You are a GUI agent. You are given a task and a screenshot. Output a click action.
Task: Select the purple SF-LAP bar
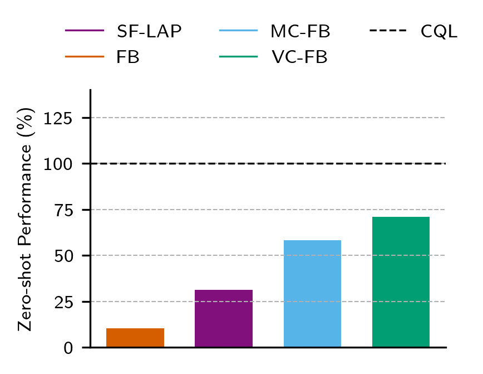point(224,318)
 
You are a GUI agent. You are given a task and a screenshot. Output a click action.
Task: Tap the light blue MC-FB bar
point(312,294)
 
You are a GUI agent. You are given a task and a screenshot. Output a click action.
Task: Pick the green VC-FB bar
point(401,282)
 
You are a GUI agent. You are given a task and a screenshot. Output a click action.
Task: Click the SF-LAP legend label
point(149,32)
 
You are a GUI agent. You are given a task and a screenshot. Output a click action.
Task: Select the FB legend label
point(128,57)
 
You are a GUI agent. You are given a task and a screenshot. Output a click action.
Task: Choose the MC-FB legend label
point(300,32)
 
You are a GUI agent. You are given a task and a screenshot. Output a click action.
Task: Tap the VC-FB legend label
point(300,57)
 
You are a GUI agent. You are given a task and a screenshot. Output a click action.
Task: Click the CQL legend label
point(439,32)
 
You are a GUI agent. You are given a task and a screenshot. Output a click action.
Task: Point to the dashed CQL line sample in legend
point(388,31)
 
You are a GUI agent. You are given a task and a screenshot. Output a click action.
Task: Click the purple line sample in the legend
point(85,31)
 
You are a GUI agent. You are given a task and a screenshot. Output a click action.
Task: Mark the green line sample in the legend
point(239,56)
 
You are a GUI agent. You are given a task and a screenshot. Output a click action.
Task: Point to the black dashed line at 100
point(267,163)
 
